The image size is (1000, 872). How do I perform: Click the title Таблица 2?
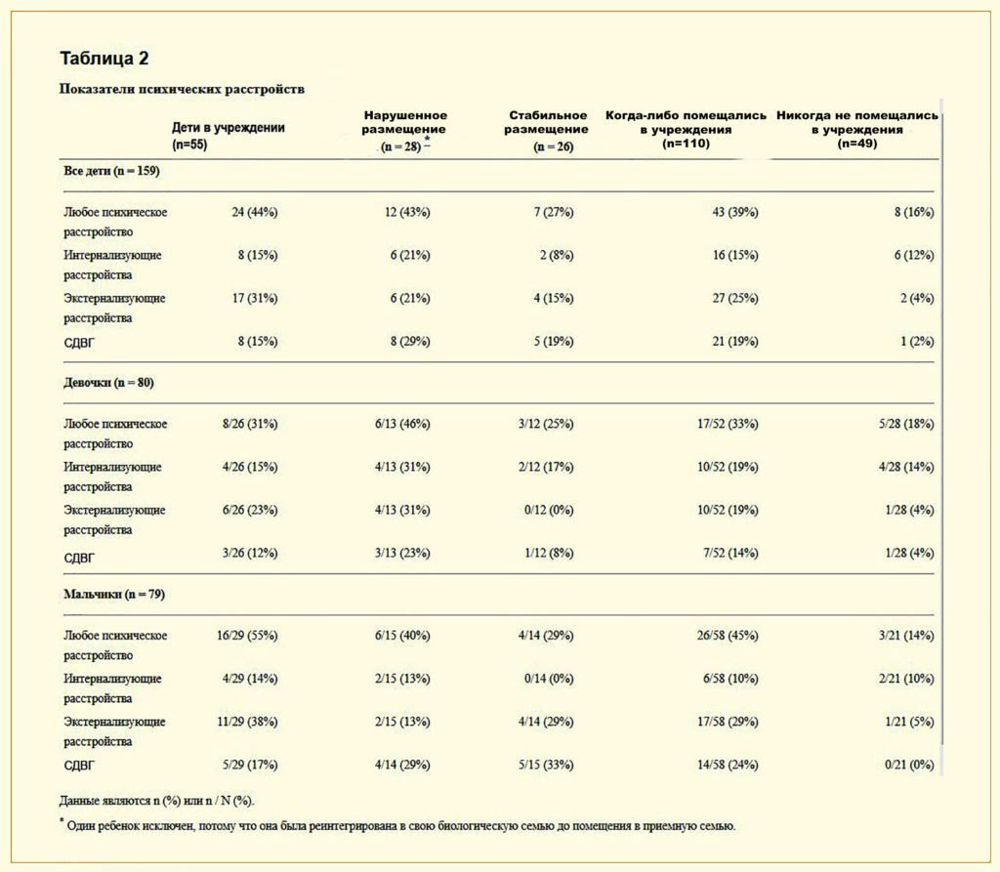(104, 59)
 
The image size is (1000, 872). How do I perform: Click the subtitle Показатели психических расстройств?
(182, 89)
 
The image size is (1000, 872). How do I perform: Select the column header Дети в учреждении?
(229, 135)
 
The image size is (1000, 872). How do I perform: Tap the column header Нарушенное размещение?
(404, 131)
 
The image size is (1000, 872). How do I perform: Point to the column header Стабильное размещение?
(547, 131)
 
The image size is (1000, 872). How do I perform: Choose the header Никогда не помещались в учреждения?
(857, 130)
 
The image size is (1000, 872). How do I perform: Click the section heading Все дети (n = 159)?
(111, 171)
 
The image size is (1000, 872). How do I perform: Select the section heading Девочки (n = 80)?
(108, 383)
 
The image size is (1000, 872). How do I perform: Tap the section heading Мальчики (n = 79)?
(114, 595)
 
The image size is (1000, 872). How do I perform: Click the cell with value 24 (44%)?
(255, 212)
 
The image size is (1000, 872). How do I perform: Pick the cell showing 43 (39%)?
(735, 212)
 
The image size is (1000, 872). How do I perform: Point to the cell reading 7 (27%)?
(554, 212)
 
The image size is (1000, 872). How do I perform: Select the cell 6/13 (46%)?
(402, 424)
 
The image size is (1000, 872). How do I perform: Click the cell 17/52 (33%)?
(728, 424)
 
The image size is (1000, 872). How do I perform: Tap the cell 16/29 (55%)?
(247, 636)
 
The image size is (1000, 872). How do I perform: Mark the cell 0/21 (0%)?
(909, 765)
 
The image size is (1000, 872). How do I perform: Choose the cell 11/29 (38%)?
(247, 722)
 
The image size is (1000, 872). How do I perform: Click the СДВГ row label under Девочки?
(79, 559)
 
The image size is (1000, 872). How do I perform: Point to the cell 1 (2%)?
(917, 341)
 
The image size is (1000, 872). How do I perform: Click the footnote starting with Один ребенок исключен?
(398, 825)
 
